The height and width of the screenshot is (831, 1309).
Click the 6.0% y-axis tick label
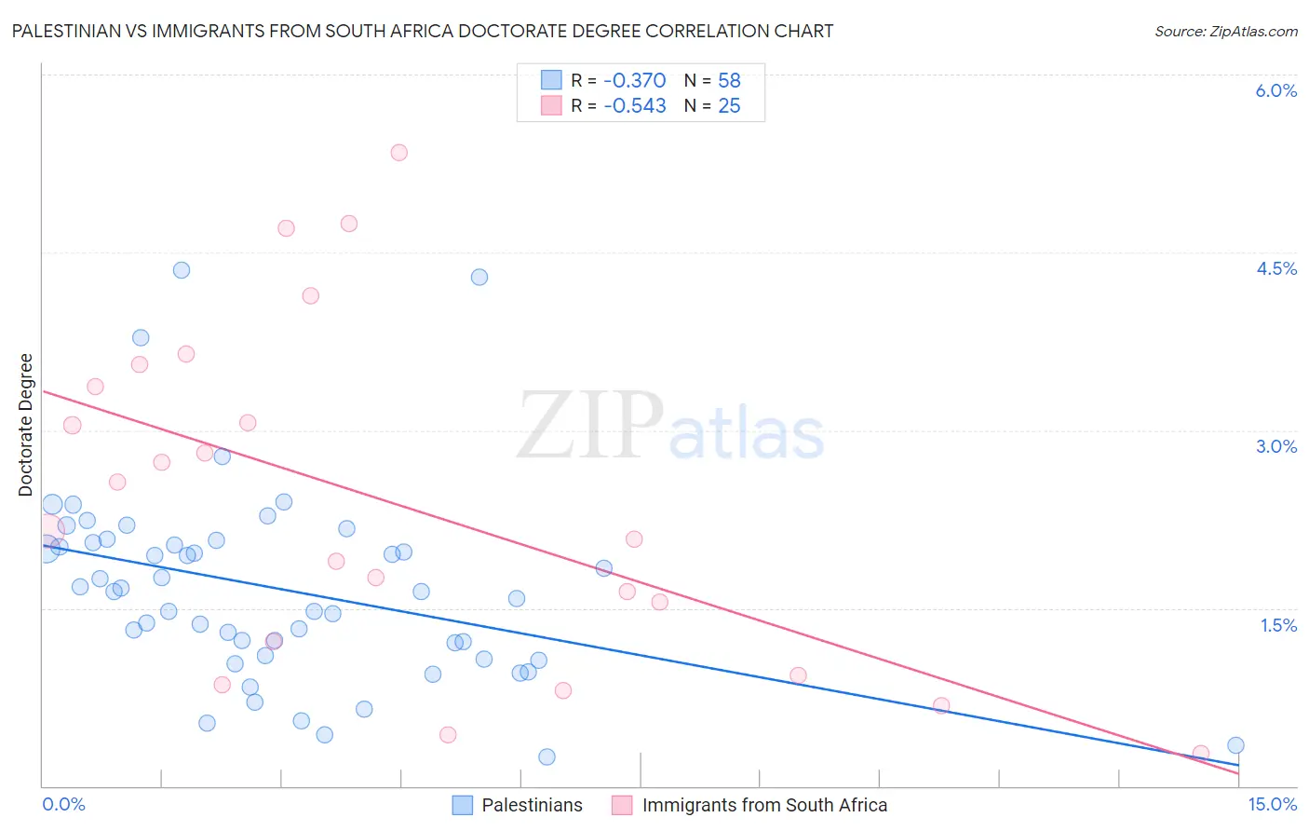click(1275, 90)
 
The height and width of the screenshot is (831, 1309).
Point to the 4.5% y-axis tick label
click(1275, 268)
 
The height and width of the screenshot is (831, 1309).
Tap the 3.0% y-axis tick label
click(1275, 446)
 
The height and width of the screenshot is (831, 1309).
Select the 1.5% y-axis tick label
click(1278, 625)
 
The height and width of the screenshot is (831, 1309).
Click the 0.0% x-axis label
click(63, 804)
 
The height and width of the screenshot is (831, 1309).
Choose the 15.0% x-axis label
click(1272, 804)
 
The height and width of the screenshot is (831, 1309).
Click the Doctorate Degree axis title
click(25, 425)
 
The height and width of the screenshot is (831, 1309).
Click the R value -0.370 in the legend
click(634, 81)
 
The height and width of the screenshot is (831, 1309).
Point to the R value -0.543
click(634, 106)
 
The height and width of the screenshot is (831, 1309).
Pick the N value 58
click(729, 81)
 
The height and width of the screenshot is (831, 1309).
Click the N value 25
click(729, 106)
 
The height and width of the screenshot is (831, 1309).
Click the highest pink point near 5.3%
click(399, 153)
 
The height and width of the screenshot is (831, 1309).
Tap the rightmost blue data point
click(1235, 745)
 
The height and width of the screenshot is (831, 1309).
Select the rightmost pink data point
click(1201, 753)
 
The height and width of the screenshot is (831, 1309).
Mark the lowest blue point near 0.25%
click(547, 757)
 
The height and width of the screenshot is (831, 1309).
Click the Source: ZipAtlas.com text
click(1225, 32)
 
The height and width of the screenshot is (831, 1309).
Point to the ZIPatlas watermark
click(670, 427)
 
